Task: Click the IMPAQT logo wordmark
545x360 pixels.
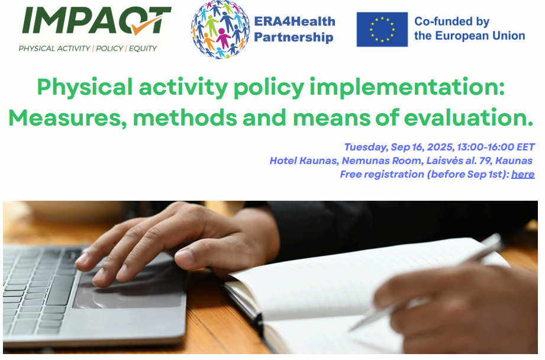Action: (96, 21)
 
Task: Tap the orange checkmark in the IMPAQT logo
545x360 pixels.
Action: (149, 25)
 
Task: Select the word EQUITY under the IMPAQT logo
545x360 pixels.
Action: (143, 49)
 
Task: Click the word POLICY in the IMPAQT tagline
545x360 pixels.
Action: (109, 49)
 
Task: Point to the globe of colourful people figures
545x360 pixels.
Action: (220, 29)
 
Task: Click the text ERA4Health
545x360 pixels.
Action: (295, 21)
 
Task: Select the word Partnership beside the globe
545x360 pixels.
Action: (294, 37)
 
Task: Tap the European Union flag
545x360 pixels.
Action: (382, 29)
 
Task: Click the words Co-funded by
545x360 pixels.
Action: (452, 21)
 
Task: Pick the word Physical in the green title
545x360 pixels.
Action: (85, 87)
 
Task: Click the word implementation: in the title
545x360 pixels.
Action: (407, 87)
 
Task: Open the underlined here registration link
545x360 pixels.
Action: (523, 174)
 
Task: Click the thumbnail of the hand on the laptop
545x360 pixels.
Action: (184, 258)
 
